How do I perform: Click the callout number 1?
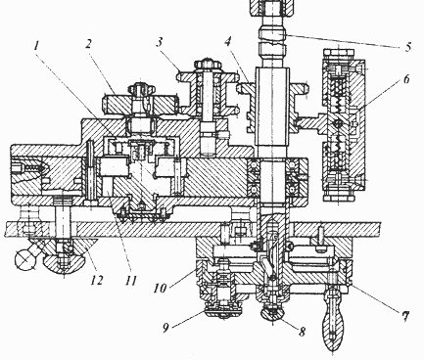36,46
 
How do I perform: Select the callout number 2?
89,44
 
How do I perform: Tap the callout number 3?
160,42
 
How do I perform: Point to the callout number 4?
228,41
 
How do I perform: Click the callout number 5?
408,47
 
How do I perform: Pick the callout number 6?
406,79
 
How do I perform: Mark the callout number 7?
405,316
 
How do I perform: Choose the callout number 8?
302,332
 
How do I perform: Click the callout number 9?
165,328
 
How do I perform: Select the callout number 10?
160,288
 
